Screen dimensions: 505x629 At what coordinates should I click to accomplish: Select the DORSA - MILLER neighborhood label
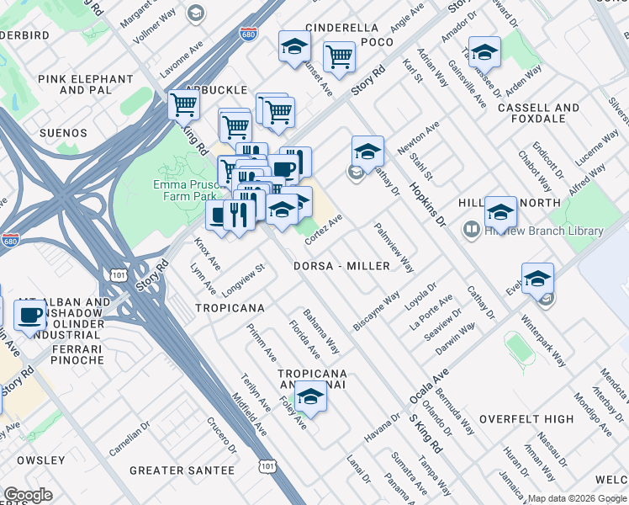342,266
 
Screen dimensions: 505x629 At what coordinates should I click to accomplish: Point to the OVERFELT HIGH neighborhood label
526,419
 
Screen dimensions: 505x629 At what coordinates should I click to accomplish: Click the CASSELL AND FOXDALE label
538,114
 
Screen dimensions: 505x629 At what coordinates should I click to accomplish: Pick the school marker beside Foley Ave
310,396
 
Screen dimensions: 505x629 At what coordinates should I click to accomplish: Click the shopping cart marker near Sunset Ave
339,57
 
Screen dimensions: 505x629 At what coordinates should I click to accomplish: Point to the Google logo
28,494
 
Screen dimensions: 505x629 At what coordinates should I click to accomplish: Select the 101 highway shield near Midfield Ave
267,465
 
